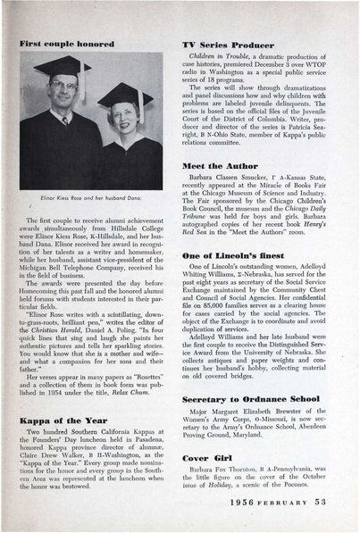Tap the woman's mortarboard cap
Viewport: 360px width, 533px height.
pyautogui.click(x=121, y=95)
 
